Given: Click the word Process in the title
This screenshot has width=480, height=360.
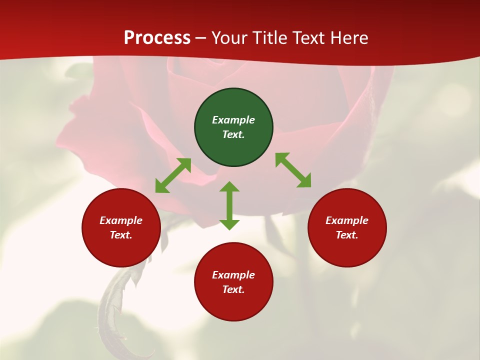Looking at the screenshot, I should point(157,38).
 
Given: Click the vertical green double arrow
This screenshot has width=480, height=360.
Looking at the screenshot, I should point(229,205).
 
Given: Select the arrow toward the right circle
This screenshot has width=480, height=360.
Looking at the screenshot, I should point(293,170).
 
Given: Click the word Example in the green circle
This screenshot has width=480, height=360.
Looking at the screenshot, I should point(233,120).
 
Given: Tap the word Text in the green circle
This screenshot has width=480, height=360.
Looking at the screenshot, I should point(233,134).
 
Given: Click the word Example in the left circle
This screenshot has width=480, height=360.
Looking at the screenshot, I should point(121,220).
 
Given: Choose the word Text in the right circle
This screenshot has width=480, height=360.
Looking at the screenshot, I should point(347,235).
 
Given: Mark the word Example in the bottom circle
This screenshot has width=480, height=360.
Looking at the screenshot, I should point(233,275).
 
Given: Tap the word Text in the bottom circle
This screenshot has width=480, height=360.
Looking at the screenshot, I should point(233,289).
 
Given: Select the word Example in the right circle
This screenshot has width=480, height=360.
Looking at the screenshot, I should point(347,220).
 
